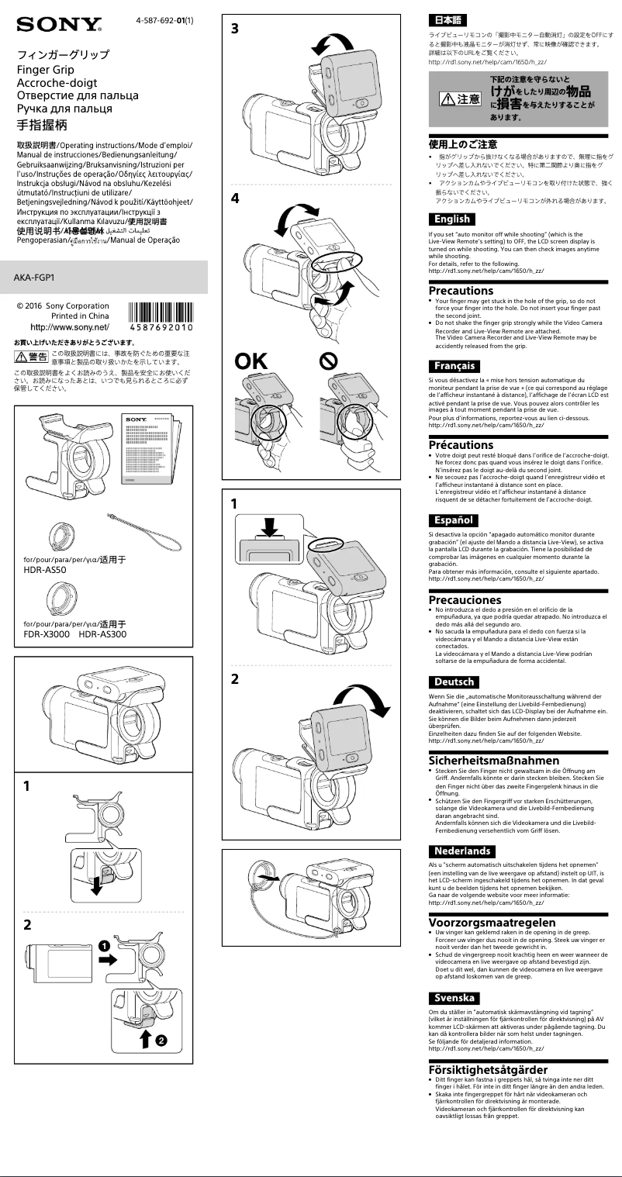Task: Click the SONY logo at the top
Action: coord(59,25)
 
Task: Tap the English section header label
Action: coord(452,219)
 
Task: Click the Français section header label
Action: coord(454,366)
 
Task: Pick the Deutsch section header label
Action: coord(454,682)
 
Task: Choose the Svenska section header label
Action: coord(454,998)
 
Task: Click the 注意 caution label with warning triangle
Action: coord(460,98)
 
